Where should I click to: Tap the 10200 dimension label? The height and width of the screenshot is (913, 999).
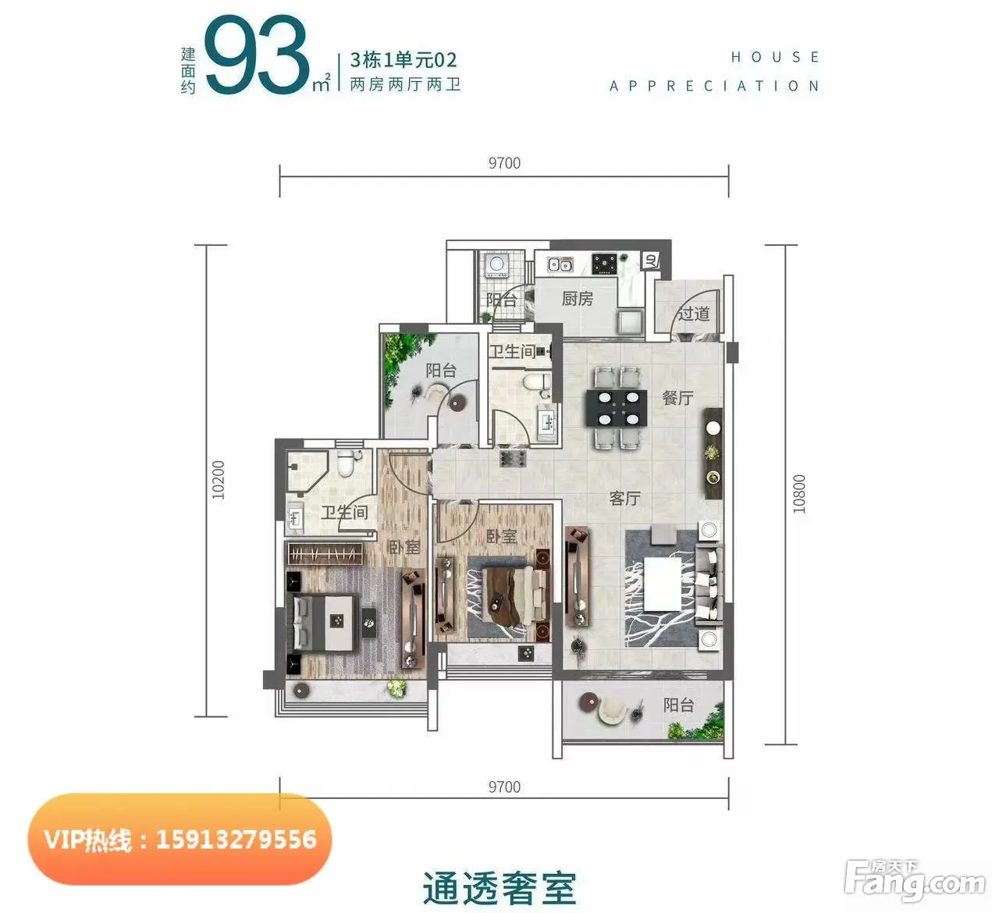tap(219, 480)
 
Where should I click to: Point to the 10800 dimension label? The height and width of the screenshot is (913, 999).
tap(798, 494)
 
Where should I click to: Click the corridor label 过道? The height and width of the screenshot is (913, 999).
tap(693, 313)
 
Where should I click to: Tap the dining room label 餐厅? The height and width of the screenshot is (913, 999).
tap(677, 397)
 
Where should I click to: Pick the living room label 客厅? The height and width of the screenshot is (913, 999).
tap(624, 498)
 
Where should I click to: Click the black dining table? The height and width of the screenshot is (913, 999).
tap(617, 408)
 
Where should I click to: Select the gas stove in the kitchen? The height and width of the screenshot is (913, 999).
tap(604, 264)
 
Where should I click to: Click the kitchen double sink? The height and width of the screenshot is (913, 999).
tap(560, 265)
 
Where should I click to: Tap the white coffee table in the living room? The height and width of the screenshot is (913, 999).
tap(663, 584)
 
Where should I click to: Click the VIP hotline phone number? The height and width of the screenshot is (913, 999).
tap(236, 840)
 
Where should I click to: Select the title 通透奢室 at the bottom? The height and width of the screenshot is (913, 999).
tap(499, 888)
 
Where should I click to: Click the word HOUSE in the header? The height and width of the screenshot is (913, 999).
tap(774, 57)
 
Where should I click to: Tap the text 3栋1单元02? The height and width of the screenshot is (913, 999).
tap(403, 60)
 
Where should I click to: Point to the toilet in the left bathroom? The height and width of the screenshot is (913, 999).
tap(345, 463)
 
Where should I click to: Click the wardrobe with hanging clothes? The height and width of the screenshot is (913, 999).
tap(324, 553)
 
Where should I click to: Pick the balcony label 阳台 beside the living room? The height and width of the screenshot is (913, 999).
tap(678, 705)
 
